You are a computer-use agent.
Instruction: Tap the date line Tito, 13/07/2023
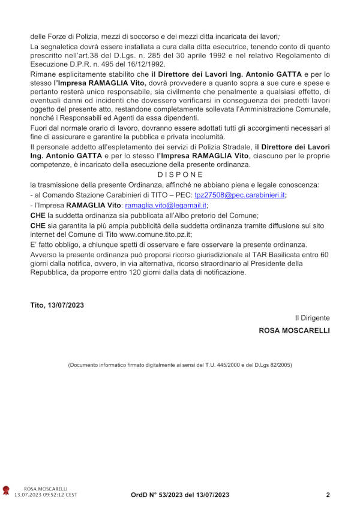click(57, 305)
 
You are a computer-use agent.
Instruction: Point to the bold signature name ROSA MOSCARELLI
click(294, 330)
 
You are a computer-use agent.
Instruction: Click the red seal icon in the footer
click(6, 492)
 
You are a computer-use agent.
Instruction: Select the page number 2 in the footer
click(328, 495)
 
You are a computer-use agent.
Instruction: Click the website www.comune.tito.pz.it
click(144, 235)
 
